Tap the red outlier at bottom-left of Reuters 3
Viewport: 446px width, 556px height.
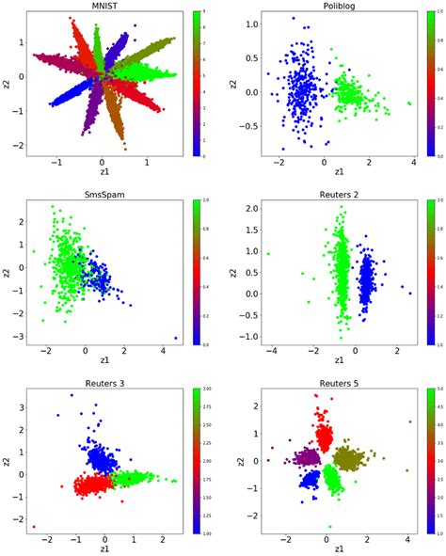34,527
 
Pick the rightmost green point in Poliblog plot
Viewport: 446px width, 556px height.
409,103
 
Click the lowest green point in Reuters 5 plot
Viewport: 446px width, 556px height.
330,526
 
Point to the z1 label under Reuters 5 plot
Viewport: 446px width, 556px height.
327,548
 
